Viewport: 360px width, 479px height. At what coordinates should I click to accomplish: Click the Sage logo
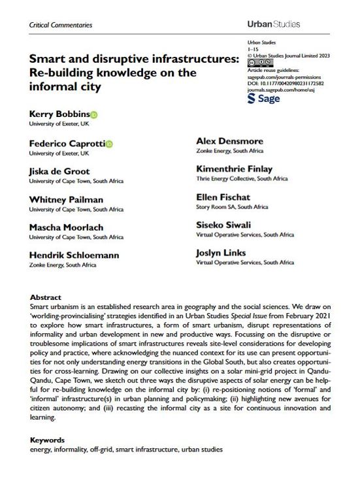pyautogui.click(x=264, y=99)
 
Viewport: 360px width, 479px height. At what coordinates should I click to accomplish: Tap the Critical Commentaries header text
pyautogui.click(x=61, y=25)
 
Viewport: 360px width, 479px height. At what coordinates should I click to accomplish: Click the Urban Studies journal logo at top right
pyautogui.click(x=274, y=24)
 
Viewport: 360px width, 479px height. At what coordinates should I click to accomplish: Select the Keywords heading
pyautogui.click(x=48, y=442)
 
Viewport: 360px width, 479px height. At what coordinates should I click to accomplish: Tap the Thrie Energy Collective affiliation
pyautogui.click(x=242, y=178)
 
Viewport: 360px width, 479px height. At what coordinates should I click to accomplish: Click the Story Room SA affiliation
pyautogui.click(x=232, y=206)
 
